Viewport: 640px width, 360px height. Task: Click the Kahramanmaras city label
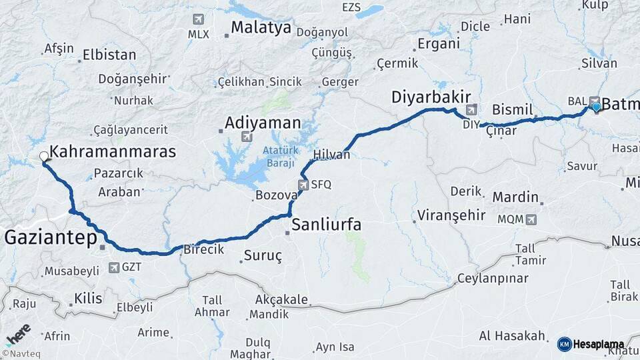pyautogui.click(x=113, y=152)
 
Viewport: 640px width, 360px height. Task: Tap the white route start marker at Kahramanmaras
pyautogui.click(x=44, y=157)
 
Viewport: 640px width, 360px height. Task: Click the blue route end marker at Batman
pyautogui.click(x=595, y=106)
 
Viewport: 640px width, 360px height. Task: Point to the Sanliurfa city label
pyautogui.click(x=327, y=225)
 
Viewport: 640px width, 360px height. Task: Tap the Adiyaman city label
pyautogui.click(x=263, y=123)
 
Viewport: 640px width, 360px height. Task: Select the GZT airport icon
pyautogui.click(x=114, y=268)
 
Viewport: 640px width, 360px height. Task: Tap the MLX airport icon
pyautogui.click(x=197, y=19)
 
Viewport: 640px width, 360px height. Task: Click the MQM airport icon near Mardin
pyautogui.click(x=531, y=219)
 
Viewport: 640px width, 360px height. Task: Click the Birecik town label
pyautogui.click(x=203, y=249)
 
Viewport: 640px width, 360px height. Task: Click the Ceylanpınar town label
pyautogui.click(x=493, y=278)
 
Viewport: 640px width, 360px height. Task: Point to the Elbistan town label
pyautogui.click(x=109, y=55)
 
